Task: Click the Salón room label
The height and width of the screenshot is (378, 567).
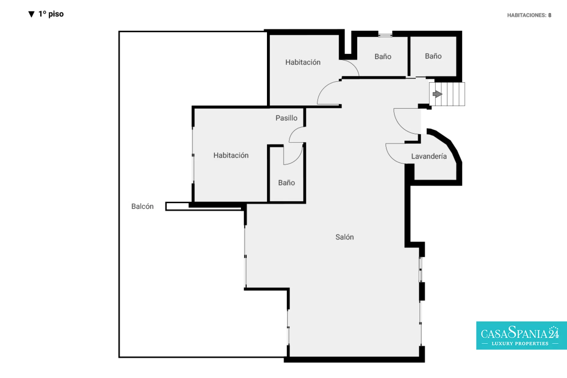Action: pyautogui.click(x=344, y=237)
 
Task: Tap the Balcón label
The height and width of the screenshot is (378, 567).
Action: pyautogui.click(x=142, y=206)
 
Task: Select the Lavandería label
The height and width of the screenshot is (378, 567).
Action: pyautogui.click(x=429, y=156)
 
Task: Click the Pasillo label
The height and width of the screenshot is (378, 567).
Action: pyautogui.click(x=286, y=118)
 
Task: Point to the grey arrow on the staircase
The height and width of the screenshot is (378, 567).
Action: pyautogui.click(x=437, y=94)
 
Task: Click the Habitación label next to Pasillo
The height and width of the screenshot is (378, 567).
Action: pyautogui.click(x=231, y=155)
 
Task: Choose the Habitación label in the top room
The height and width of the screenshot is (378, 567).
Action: pyautogui.click(x=303, y=62)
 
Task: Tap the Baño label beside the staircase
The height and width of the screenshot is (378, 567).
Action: pyautogui.click(x=433, y=56)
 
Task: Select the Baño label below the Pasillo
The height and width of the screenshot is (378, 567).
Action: pyautogui.click(x=286, y=183)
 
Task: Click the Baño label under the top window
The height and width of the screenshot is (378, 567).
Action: pyautogui.click(x=383, y=56)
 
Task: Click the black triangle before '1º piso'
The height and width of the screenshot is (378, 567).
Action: pyautogui.click(x=32, y=14)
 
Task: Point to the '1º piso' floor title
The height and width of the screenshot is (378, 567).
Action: pyautogui.click(x=51, y=14)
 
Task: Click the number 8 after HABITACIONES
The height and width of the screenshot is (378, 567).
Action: pyautogui.click(x=550, y=15)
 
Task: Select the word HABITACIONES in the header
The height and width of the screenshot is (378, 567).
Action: pyautogui.click(x=526, y=15)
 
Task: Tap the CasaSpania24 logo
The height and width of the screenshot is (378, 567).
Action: pyautogui.click(x=522, y=335)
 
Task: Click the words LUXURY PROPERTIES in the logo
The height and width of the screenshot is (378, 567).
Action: pyautogui.click(x=520, y=343)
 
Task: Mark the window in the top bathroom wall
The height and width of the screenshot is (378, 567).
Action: pyautogui.click(x=385, y=35)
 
